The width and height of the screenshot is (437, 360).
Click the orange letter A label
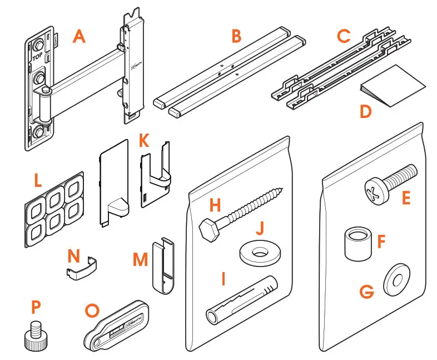tap(80, 37)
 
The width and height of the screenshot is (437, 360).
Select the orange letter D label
tap(365, 111)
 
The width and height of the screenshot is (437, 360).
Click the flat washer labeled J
tap(259, 254)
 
